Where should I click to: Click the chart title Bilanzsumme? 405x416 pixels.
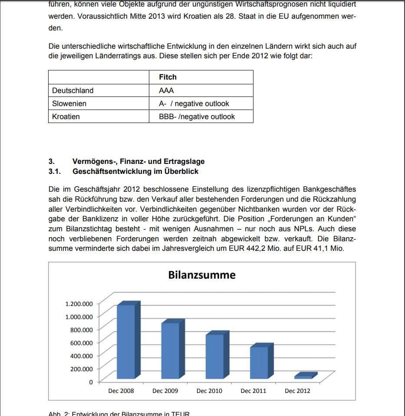pyautogui.click(x=202, y=275)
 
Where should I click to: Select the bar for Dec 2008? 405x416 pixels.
pyautogui.click(x=126, y=341)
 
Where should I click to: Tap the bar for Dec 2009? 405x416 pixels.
pyautogui.click(x=170, y=350)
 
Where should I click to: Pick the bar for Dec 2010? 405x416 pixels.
pyautogui.click(x=214, y=356)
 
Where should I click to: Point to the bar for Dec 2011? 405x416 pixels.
pyautogui.click(x=259, y=363)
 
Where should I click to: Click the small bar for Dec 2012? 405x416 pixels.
pyautogui.click(x=303, y=376)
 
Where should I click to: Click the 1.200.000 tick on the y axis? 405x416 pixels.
pyautogui.click(x=79, y=303)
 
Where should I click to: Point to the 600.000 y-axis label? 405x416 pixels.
pyautogui.click(x=82, y=343)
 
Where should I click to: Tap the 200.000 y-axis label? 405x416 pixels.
pyautogui.click(x=82, y=369)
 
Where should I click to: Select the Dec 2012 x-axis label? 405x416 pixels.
pyautogui.click(x=297, y=391)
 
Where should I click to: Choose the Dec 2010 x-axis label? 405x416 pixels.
pyautogui.click(x=209, y=391)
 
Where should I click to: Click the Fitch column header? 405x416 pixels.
pyautogui.click(x=168, y=77)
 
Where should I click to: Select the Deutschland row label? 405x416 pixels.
pyautogui.click(x=72, y=90)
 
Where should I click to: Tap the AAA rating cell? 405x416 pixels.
pyautogui.click(x=166, y=90)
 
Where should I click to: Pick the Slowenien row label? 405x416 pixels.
pyautogui.click(x=69, y=103)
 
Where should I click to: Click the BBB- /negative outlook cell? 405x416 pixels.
pyautogui.click(x=197, y=116)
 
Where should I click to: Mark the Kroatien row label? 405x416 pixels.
pyautogui.click(x=66, y=116)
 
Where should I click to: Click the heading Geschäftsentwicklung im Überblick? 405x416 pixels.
pyautogui.click(x=135, y=171)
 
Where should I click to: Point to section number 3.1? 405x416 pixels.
pyautogui.click(x=54, y=171)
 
